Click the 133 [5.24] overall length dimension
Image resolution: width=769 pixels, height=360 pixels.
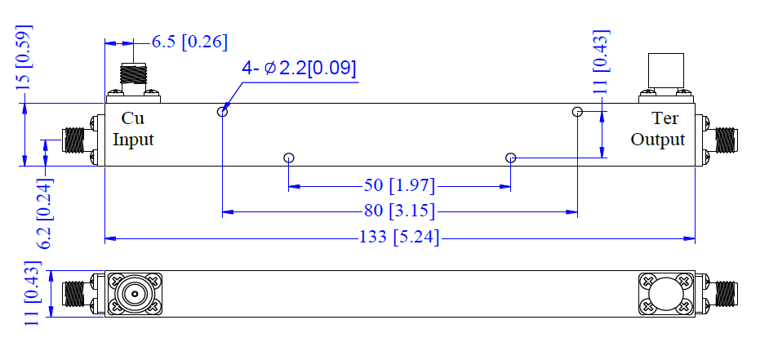[399, 238]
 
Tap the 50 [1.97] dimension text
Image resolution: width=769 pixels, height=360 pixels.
[399, 184]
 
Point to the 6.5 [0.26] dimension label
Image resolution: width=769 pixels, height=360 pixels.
[189, 42]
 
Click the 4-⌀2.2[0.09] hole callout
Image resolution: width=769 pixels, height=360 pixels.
[299, 68]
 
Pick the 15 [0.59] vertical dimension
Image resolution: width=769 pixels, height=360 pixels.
[24, 56]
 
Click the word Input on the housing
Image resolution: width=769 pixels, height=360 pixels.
[133, 140]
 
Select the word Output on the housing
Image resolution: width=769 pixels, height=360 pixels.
[657, 140]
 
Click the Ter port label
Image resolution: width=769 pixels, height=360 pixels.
[665, 119]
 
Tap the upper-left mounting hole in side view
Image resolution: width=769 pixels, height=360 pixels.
[222, 112]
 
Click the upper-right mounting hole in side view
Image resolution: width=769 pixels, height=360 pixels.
[577, 112]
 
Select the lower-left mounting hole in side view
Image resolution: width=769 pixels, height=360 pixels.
[288, 158]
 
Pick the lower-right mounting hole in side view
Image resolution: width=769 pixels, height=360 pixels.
[511, 158]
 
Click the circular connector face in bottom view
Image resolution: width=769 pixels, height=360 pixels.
[133, 294]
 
